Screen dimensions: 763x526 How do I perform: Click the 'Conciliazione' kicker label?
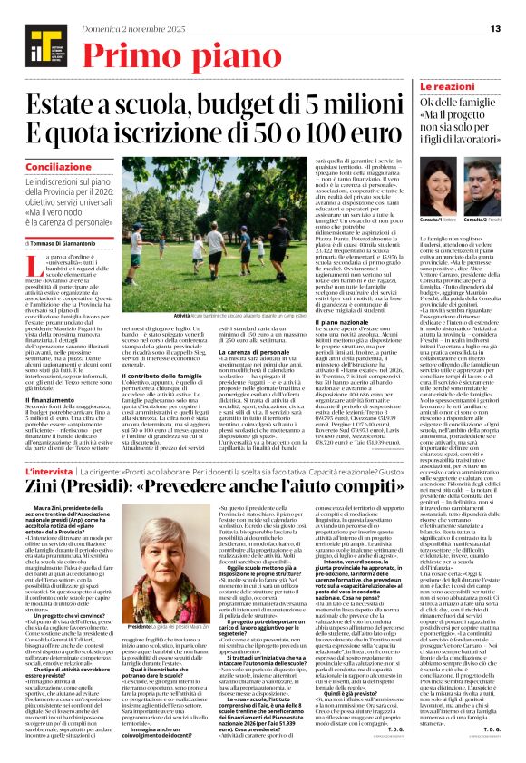tap(58, 168)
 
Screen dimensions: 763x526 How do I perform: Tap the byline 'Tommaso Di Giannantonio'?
tap(68, 242)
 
